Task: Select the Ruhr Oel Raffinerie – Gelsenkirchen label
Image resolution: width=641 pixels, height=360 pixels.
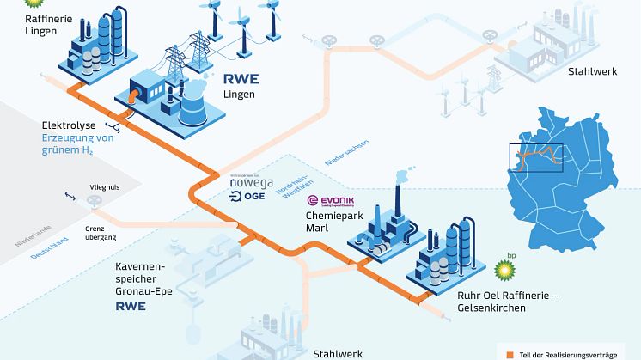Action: click(503, 301)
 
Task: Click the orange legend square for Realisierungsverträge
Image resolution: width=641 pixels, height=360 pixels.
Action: click(510, 351)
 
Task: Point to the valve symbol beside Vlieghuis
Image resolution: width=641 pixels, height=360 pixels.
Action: click(93, 202)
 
